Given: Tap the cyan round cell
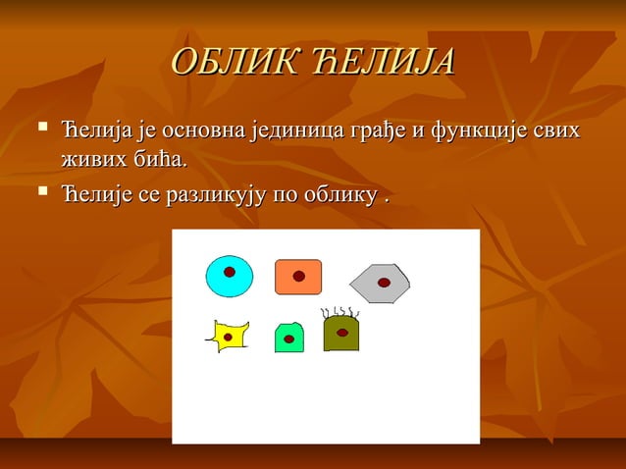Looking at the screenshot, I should (x=229, y=276).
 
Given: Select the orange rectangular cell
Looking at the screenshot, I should (x=298, y=277).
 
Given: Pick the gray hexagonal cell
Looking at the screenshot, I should (x=380, y=284).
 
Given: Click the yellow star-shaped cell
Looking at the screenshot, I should (x=228, y=337).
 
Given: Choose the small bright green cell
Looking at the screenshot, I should (x=288, y=338).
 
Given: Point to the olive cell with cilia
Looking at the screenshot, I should (x=341, y=334).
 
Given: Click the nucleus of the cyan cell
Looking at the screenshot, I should (x=229, y=272).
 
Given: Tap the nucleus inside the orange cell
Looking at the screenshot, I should (x=299, y=277).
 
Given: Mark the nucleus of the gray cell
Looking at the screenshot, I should (x=385, y=283).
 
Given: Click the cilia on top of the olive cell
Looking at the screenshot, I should (x=340, y=313).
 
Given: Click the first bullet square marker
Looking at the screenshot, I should (x=40, y=128).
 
